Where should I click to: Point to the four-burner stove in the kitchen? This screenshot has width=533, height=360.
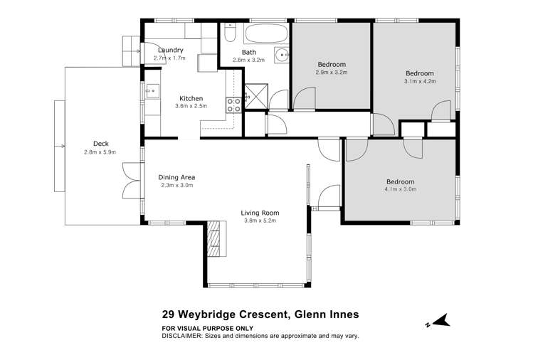(233, 105)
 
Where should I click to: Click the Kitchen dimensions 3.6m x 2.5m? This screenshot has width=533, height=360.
(190, 107)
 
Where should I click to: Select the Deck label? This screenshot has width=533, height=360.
(100, 142)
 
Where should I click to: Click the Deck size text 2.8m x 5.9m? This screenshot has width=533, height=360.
(100, 151)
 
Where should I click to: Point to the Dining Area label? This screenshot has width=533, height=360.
(176, 177)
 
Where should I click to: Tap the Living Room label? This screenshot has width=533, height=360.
(259, 213)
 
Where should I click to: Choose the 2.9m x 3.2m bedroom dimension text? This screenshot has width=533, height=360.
(332, 73)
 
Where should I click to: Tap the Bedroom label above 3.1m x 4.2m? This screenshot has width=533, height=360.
(420, 73)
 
